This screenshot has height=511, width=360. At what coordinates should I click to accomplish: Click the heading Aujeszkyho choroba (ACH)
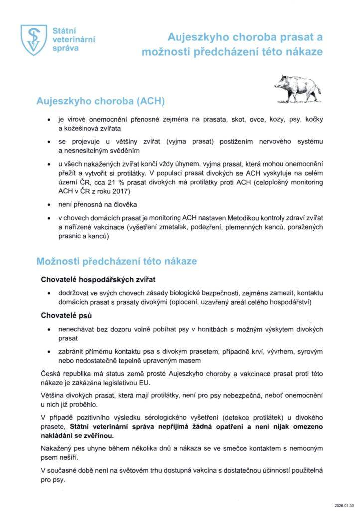pyautogui.click(x=101, y=101)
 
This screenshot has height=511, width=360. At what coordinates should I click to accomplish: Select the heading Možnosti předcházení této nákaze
pyautogui.click(x=117, y=261)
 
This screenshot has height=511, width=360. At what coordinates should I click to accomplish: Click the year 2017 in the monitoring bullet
pyautogui.click(x=119, y=192)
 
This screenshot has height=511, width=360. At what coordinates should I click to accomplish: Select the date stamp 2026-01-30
pyautogui.click(x=344, y=505)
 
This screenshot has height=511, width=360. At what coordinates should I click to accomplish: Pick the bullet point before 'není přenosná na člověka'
pyautogui.click(x=48, y=205)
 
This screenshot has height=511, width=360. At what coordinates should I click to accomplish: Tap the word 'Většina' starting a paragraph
pyautogui.click(x=53, y=396)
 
